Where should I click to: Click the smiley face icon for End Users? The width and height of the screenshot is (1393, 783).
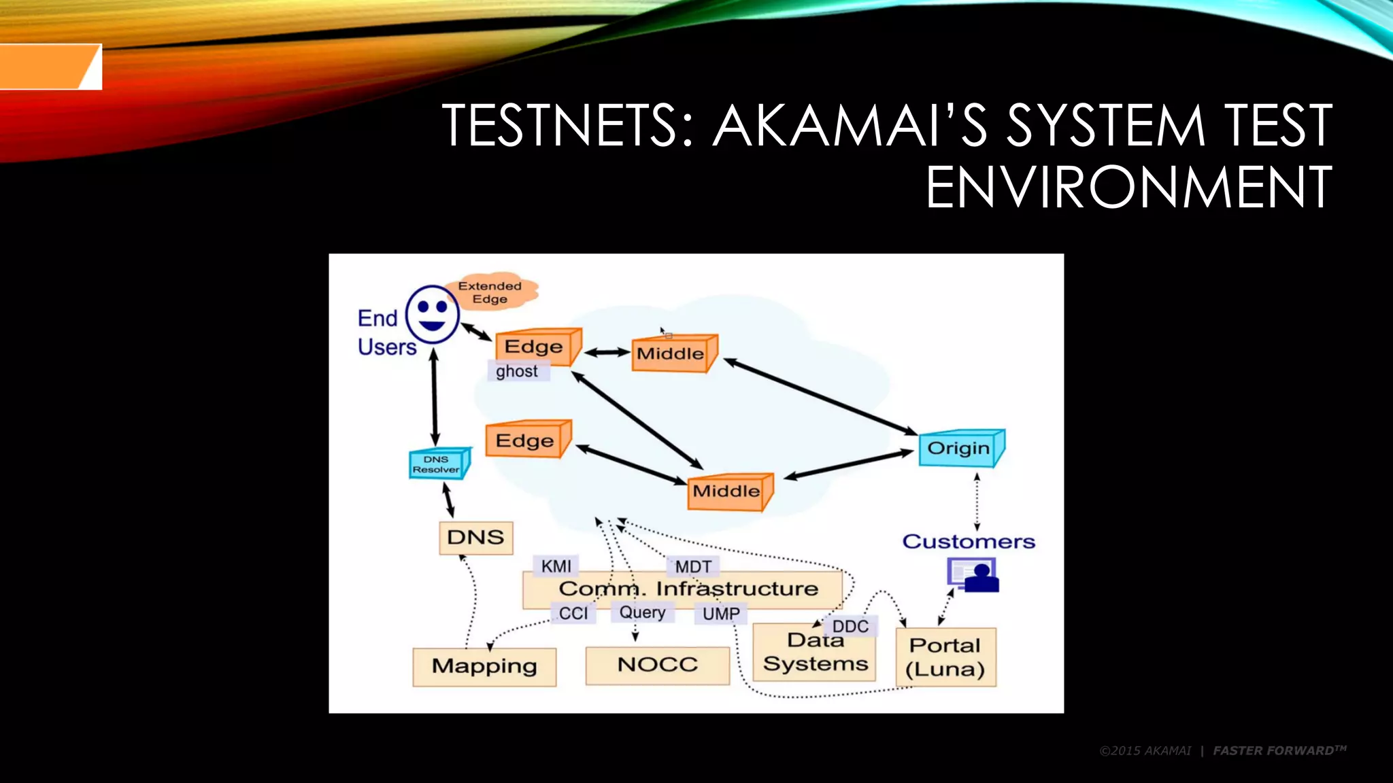coord(433,314)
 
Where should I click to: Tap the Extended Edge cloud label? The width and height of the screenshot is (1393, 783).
coord(490,292)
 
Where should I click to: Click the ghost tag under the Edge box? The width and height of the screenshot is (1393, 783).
coord(518,371)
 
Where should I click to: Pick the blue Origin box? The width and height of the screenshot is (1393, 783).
coord(960,449)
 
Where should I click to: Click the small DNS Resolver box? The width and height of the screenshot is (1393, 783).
coord(437,464)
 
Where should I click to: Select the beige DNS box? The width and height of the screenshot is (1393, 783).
coord(475,538)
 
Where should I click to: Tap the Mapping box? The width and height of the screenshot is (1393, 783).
coord(484,666)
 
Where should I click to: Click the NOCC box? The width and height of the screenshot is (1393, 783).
coord(657,665)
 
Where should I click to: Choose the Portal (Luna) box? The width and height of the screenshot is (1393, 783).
coord(945,657)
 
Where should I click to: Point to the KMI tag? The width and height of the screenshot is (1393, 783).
coord(556,566)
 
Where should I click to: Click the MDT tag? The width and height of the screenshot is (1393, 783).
coord(693,566)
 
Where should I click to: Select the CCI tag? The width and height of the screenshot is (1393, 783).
coord(573,613)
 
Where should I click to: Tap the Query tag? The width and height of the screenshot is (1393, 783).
coord(642,612)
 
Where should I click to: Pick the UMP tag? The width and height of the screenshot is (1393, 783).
coord(721,614)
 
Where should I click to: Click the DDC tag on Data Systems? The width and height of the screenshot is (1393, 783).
coord(850,626)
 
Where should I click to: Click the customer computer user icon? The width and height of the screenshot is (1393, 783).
coord(973,575)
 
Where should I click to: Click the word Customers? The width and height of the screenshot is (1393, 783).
coord(969,542)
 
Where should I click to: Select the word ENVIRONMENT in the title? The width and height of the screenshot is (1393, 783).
coord(1128,187)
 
